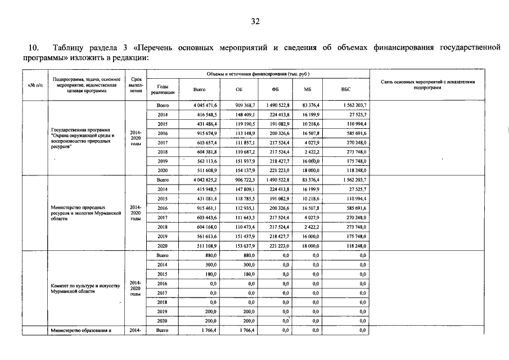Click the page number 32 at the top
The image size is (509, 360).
pos(255,22)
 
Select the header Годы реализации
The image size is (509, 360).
pos(163,89)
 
